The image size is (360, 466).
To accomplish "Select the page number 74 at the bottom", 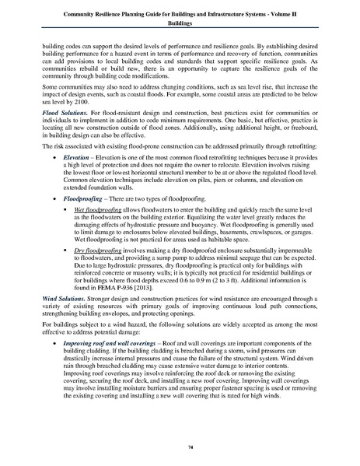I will click(x=180, y=445).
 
